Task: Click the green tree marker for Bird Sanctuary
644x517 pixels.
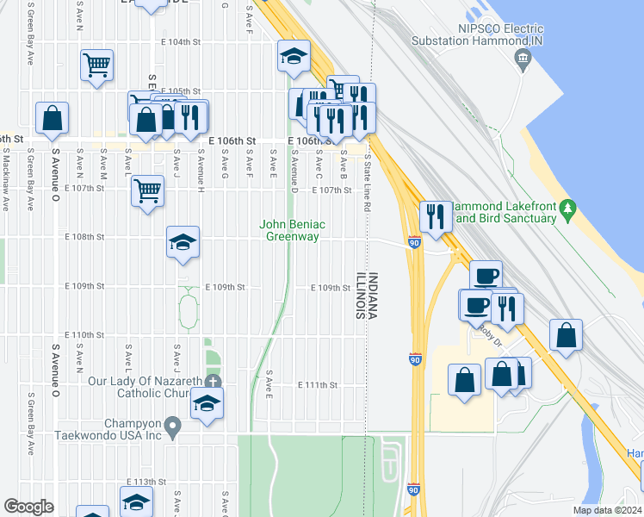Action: click(567, 209)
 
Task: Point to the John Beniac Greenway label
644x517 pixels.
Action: click(290, 230)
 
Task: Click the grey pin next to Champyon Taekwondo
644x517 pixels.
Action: click(173, 426)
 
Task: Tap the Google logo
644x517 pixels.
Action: click(28, 507)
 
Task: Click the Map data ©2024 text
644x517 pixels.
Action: click(607, 510)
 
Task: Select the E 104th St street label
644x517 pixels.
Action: click(180, 41)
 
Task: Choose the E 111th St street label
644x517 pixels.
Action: click(318, 385)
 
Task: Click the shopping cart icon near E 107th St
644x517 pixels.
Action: click(148, 189)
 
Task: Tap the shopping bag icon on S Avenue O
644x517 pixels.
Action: click(53, 119)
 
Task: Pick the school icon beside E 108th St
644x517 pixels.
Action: click(183, 242)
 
